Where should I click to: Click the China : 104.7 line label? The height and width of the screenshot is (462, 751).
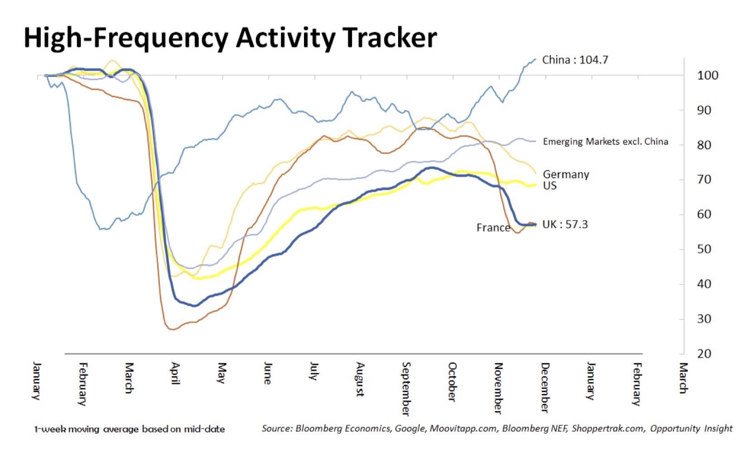575,60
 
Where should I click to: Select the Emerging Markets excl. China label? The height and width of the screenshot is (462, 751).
605,141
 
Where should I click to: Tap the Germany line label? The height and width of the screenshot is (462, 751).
566,174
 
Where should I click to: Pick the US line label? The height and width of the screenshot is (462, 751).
549,185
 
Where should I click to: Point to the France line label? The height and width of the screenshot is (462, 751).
493,227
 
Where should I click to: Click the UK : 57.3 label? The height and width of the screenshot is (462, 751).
565,224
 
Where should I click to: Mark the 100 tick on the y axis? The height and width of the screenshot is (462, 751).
707,75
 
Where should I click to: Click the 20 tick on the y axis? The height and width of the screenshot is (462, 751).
704,353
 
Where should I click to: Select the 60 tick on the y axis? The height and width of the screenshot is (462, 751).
704,214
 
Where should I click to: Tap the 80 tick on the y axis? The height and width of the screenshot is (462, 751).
704,145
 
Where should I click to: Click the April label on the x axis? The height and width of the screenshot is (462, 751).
175,373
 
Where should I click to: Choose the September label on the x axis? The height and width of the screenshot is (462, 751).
406,389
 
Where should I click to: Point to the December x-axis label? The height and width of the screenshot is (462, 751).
544,387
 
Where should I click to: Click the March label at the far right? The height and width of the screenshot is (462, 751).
683,378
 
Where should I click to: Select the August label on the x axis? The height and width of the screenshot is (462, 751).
360,380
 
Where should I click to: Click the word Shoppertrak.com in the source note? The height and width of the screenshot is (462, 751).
607,428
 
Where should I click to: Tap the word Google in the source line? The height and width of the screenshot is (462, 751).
409,428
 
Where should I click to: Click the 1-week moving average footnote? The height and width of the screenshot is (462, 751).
130,429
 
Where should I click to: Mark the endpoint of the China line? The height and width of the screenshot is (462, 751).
535,59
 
